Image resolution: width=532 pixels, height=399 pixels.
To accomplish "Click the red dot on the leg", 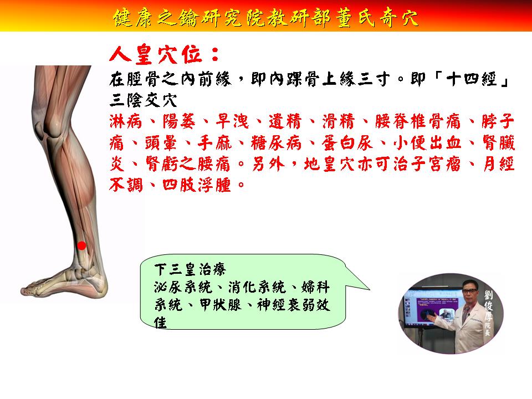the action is coord(82,245).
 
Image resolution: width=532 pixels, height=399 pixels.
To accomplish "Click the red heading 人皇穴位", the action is coord(165,54).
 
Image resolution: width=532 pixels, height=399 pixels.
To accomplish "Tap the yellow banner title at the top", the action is coord(265,17).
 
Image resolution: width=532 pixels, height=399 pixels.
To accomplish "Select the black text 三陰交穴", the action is coord(143,100).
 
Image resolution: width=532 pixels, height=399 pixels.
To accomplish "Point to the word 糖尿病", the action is coord(276,143).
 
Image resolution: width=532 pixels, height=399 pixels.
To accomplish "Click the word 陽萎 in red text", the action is coord(179,121).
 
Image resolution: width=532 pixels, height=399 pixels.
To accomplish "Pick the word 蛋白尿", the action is coord(347,143).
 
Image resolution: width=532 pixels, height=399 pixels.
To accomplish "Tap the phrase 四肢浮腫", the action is coord(197,185).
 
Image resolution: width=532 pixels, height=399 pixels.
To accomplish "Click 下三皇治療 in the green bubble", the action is coord(190,270).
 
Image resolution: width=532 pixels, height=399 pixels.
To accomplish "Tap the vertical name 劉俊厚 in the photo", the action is coord(488,305).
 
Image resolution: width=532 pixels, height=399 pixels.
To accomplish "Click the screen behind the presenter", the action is coord(432,305).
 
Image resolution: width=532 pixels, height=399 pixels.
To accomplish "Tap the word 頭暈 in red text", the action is coord(161,143).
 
